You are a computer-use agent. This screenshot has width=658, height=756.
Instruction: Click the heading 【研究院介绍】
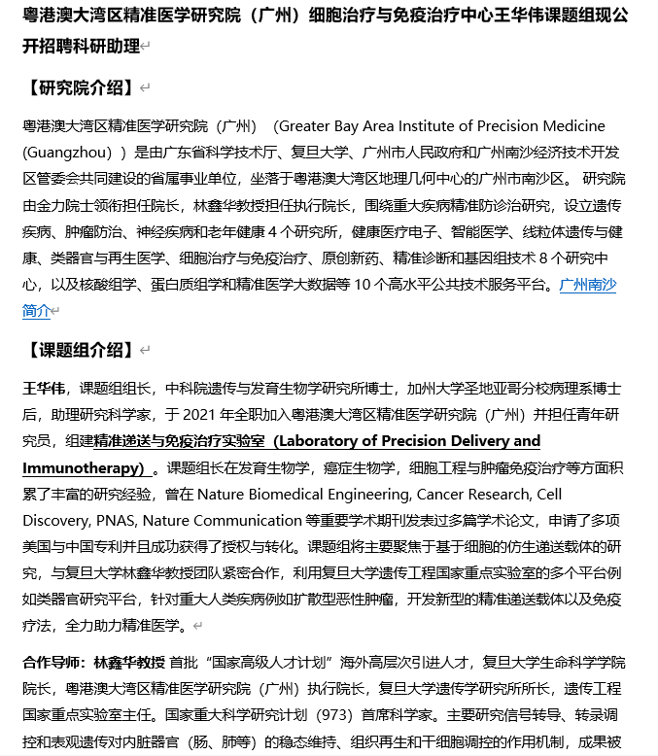point(78,88)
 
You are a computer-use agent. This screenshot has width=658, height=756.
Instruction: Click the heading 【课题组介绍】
point(78,350)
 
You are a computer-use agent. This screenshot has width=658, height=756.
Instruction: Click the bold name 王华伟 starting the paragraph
point(45,389)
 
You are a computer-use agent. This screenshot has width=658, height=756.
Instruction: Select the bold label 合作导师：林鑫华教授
point(93,663)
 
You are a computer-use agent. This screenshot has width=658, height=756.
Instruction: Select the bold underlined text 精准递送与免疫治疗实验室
point(179,441)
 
